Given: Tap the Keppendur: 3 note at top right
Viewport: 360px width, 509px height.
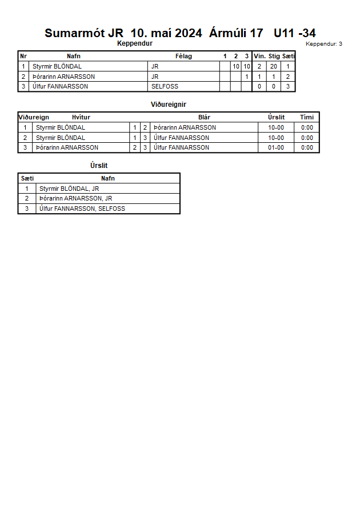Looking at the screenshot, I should [324, 44].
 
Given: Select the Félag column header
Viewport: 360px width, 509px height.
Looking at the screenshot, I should [183, 56].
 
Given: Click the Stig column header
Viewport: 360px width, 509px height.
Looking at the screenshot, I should [274, 56].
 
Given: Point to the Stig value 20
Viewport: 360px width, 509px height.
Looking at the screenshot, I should [274, 66].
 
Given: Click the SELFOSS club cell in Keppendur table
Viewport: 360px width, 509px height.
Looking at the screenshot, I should [165, 86].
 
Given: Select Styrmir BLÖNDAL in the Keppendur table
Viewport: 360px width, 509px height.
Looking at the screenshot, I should [57, 66].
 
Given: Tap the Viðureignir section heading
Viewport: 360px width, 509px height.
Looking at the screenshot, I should [169, 105].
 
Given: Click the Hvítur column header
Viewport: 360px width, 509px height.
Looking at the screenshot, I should [81, 117].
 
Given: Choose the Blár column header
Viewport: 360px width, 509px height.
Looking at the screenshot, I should [204, 117].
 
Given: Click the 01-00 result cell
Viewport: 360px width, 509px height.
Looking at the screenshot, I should [276, 147].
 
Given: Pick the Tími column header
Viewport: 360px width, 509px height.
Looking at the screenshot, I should [307, 117].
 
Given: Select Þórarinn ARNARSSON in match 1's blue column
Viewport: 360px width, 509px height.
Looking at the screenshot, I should [185, 127].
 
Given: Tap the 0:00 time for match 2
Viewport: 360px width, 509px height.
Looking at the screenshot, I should [307, 138].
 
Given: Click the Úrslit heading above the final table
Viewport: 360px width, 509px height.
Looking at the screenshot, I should [99, 166].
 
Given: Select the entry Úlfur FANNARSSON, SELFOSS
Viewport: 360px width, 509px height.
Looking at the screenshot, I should [82, 209].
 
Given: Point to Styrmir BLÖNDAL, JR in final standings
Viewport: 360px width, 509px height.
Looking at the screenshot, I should [69, 188].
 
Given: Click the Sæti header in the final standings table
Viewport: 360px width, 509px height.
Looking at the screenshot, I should [27, 178].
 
